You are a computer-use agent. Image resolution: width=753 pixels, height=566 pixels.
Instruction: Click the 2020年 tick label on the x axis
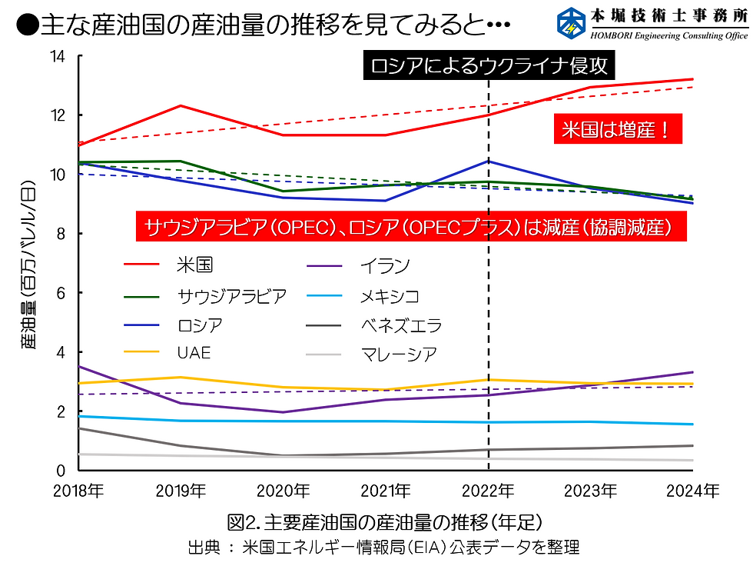(x=284, y=490)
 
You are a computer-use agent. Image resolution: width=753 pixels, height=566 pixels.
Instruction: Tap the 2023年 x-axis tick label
(x=591, y=490)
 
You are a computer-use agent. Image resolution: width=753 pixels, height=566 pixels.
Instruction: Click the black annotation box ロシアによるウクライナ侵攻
(x=489, y=66)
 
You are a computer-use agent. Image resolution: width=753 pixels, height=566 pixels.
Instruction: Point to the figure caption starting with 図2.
(x=385, y=523)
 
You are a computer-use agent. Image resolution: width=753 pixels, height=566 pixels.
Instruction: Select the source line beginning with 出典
(x=383, y=548)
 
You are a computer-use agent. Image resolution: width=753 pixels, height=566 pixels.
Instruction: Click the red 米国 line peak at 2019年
(x=181, y=105)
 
